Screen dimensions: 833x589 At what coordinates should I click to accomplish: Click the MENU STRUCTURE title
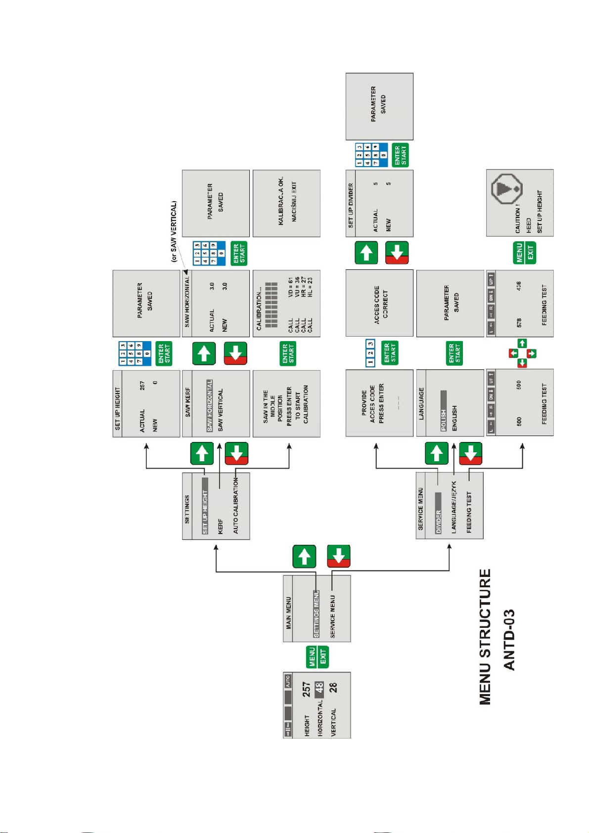coord(485,637)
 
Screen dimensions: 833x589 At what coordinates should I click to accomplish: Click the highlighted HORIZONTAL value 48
coord(319,688)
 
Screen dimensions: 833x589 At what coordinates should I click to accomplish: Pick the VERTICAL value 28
coord(333,688)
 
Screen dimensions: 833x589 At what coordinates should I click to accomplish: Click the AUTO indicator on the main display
coord(288,682)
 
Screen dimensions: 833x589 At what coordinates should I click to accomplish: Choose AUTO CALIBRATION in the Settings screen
coord(236,505)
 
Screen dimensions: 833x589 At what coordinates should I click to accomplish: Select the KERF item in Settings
coord(221,526)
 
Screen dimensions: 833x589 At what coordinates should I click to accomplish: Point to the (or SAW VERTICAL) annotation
coord(174,231)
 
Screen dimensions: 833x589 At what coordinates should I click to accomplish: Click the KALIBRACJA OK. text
coord(280,201)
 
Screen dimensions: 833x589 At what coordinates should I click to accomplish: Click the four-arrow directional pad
coord(522,353)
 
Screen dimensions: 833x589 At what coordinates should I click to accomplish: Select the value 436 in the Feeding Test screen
coord(519,286)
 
